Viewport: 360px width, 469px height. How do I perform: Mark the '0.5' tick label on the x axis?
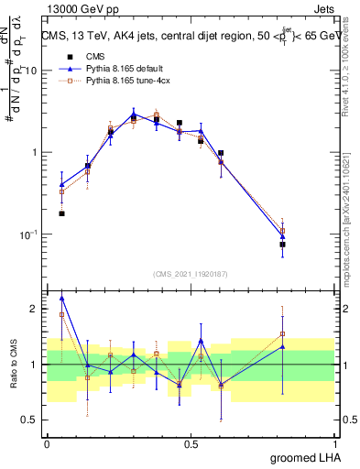tap(191, 444)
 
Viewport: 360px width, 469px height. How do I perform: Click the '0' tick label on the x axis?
tap(47, 444)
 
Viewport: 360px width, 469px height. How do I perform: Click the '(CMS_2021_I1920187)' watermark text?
tap(191, 273)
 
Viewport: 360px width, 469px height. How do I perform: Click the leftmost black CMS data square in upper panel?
tap(61, 213)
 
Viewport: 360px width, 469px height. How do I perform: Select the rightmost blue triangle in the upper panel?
tap(283, 237)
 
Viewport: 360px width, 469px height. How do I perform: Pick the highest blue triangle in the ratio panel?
tap(61, 298)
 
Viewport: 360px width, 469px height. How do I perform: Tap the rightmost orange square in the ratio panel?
tap(283, 333)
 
